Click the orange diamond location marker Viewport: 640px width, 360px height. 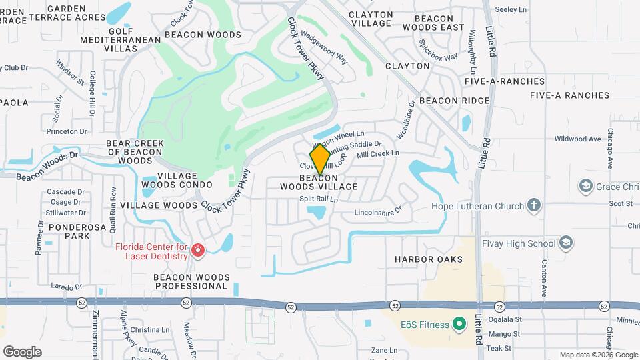click(321, 159)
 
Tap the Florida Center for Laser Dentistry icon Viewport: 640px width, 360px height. click(197, 251)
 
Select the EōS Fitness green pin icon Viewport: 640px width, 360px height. click(458, 325)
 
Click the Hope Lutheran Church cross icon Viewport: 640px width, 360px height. click(533, 205)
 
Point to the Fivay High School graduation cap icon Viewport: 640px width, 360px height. click(566, 243)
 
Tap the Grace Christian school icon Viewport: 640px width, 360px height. click(586, 185)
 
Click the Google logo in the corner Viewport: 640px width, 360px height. click(22, 351)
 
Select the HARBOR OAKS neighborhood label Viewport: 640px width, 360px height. click(428, 259)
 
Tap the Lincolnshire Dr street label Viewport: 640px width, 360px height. click(378, 211)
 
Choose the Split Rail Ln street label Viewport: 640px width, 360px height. click(319, 199)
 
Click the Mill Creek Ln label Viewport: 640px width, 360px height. click(378, 153)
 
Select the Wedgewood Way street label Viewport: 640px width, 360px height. click(324, 45)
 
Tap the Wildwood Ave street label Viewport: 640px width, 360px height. click(577, 139)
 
